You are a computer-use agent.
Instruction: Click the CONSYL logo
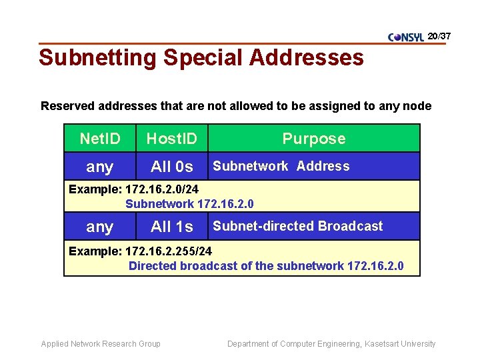click(406, 37)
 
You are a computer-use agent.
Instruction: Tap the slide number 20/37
click(439, 35)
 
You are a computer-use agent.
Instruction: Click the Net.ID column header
click(100, 139)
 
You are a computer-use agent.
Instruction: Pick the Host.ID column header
click(171, 139)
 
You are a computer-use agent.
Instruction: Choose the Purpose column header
click(314, 139)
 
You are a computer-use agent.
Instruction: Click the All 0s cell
click(171, 167)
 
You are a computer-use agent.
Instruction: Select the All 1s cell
click(171, 227)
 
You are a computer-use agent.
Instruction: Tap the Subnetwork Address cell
click(281, 166)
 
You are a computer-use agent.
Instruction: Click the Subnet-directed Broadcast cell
click(297, 226)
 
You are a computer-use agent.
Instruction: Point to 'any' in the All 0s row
click(100, 167)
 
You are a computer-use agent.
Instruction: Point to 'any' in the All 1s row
click(100, 227)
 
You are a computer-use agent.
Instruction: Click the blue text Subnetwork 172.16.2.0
click(189, 204)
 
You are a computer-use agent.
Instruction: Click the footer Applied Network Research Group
click(101, 344)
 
